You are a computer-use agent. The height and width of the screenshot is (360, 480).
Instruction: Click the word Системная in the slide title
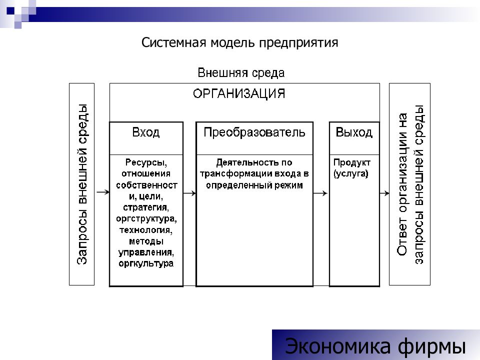[x=174, y=42]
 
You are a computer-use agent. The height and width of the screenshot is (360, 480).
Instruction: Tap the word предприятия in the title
[x=298, y=43]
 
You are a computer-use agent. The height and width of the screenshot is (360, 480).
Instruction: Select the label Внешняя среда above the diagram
[x=241, y=73]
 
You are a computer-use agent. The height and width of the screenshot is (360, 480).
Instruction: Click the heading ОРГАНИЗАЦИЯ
[x=239, y=93]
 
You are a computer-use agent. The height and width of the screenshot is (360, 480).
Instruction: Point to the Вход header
[x=145, y=132]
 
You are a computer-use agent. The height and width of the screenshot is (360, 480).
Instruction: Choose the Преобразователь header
[x=254, y=132]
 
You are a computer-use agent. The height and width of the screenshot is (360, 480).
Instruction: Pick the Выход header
[x=354, y=132]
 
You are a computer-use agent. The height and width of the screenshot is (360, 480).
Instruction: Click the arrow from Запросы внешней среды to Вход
[x=103, y=192]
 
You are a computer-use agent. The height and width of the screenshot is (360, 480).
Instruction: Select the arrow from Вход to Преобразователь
[x=189, y=193]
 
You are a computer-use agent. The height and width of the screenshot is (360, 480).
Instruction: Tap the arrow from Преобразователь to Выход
[x=320, y=193]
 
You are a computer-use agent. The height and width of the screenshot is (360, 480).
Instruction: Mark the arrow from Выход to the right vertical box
[x=384, y=193]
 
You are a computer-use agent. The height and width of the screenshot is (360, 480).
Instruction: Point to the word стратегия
[x=146, y=207]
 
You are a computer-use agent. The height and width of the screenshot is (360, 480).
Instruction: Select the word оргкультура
[x=146, y=263]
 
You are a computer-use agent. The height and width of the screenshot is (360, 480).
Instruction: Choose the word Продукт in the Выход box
[x=351, y=162]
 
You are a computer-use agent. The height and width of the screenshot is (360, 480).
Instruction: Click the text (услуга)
[x=351, y=174]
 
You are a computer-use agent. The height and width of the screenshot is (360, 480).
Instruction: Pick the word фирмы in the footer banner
[x=432, y=346]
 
